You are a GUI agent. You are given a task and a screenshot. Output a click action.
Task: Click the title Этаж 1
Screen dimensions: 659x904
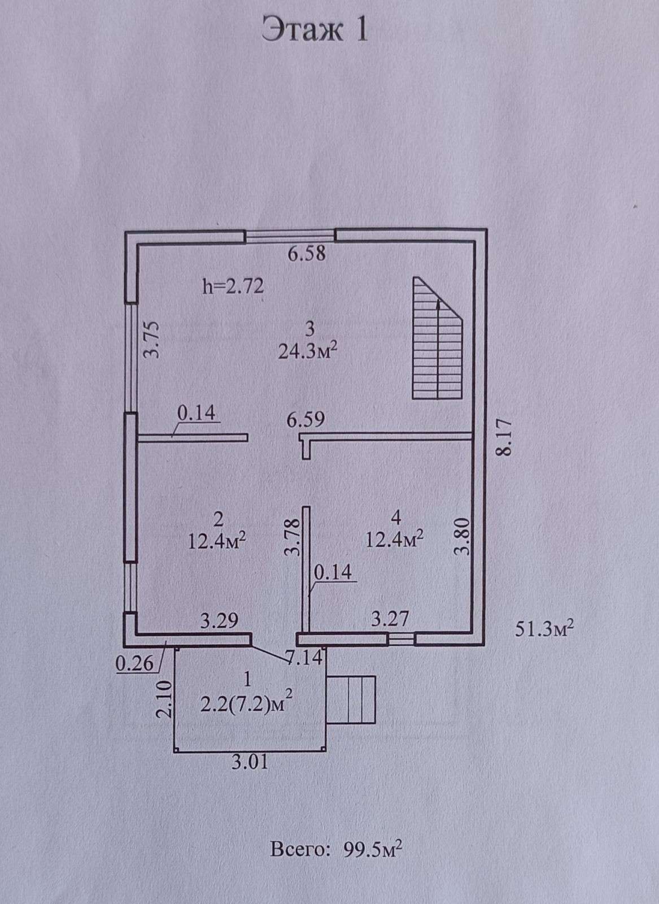[x=315, y=30]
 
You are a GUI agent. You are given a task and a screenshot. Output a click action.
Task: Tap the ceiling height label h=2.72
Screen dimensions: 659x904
[x=233, y=286]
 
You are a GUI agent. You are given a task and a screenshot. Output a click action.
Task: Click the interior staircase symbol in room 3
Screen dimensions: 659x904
[x=438, y=338]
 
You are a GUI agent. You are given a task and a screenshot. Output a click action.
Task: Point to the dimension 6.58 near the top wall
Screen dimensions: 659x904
[x=307, y=254]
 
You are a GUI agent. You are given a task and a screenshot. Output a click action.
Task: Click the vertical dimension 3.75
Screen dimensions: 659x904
[x=152, y=340]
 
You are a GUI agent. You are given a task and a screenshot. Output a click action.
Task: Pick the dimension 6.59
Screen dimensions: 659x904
[x=306, y=420]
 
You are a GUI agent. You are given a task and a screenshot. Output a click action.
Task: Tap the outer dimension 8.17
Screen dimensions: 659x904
[x=504, y=438]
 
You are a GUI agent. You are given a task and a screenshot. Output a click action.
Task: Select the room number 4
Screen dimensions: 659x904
[x=396, y=518]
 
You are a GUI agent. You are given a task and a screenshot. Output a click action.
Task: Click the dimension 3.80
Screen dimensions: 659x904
[x=462, y=537]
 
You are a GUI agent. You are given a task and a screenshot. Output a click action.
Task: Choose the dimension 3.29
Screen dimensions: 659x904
[x=220, y=621]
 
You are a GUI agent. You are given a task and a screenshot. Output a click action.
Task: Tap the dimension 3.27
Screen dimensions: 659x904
[x=390, y=619]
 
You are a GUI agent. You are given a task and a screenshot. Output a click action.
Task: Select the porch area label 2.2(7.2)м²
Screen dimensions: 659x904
[x=246, y=705]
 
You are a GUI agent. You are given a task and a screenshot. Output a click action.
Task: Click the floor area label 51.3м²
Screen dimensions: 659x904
[x=544, y=629]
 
